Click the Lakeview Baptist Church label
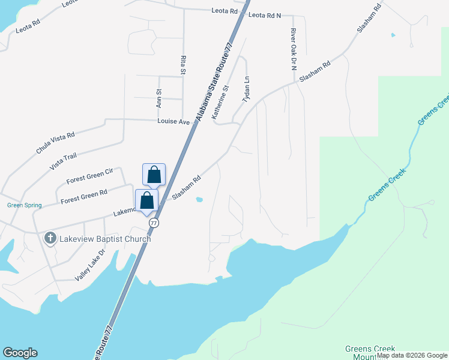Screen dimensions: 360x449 (x=105, y=239)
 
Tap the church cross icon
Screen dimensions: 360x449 (x=50, y=239)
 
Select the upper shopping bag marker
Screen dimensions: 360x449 (x=154, y=175)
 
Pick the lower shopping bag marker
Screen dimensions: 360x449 (x=147, y=200)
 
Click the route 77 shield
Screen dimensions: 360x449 (x=154, y=223)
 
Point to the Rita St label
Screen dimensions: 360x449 (x=183, y=65)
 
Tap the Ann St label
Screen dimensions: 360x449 (x=159, y=98)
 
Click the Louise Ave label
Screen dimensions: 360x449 (x=173, y=122)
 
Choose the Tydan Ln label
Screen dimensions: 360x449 (x=246, y=88)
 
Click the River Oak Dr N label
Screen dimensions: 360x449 (x=294, y=49)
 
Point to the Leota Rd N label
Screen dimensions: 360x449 (x=265, y=15)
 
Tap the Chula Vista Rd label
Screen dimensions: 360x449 (x=55, y=143)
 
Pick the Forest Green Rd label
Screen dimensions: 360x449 (x=83, y=195)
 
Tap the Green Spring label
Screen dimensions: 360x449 (x=25, y=205)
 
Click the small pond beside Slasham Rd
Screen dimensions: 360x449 (x=200, y=200)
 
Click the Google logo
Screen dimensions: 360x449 (x=20, y=353)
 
